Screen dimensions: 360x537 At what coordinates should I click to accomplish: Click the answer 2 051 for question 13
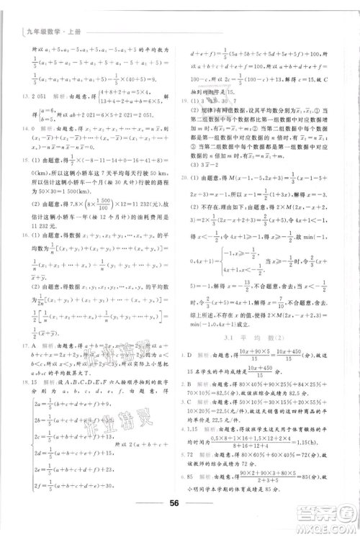[39, 95]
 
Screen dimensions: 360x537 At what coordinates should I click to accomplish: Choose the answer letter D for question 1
[191, 355]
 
